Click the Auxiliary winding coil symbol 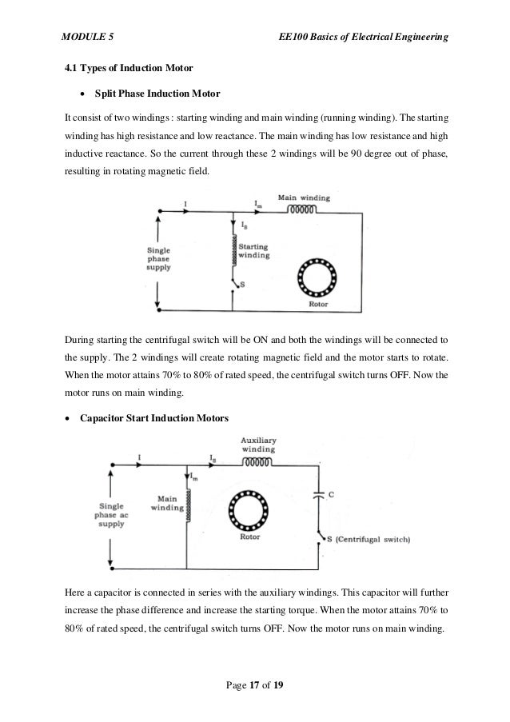click(258, 461)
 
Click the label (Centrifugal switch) click(373, 540)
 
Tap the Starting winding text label click(254, 251)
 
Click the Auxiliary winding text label click(258, 444)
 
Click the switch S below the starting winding click(234, 281)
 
